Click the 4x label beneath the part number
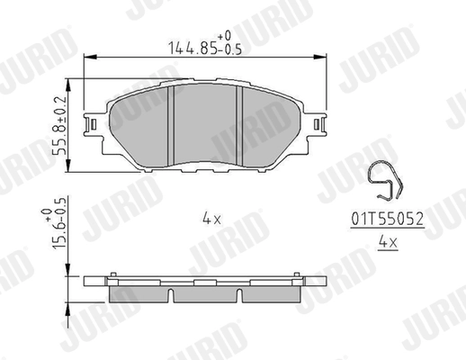coord(387,242)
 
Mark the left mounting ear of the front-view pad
coord(93,126)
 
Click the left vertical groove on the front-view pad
coord(170,124)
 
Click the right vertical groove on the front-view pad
coord(237,124)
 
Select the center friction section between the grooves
coord(203,126)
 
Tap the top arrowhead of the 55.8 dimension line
coord(72,85)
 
